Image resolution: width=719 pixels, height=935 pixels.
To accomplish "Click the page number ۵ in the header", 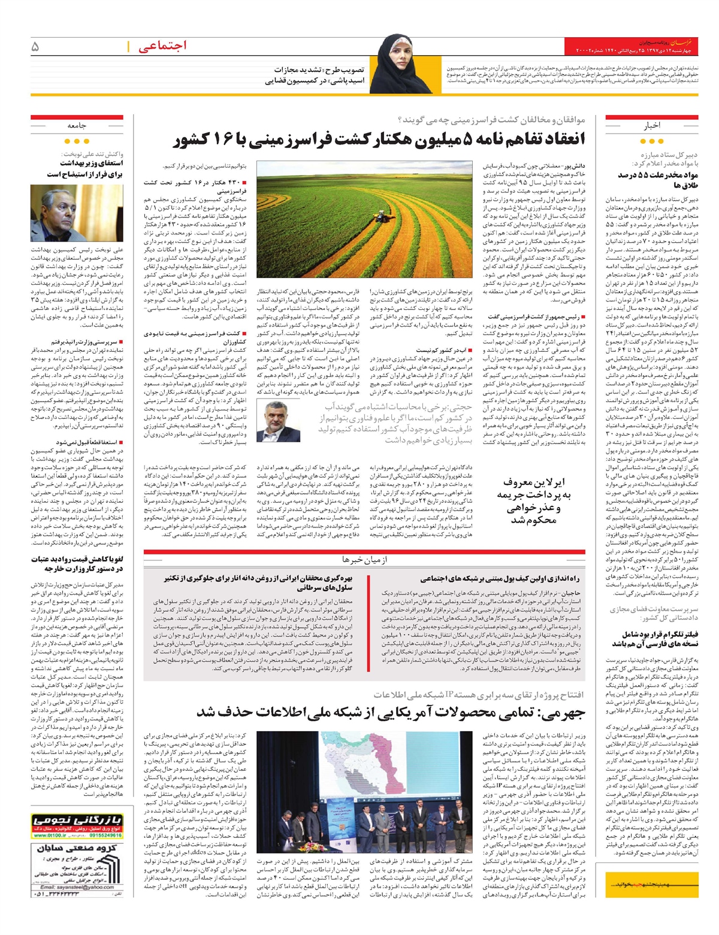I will click(x=35, y=46).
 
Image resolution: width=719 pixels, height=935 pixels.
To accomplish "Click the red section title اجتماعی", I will click(x=162, y=46).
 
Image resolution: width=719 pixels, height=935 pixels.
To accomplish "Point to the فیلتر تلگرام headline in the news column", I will click(x=656, y=639).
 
